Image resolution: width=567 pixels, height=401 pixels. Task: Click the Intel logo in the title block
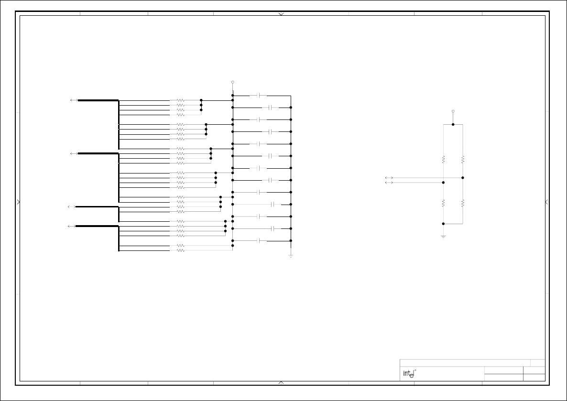point(408,374)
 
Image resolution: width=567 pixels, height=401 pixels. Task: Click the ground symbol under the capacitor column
point(291,256)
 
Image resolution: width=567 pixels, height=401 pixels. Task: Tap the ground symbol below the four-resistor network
point(443,236)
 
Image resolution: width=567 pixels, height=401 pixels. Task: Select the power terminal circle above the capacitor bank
point(233,82)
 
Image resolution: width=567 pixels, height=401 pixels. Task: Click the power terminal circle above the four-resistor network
point(453,111)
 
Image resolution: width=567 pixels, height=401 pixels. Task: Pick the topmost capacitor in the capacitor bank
point(259,96)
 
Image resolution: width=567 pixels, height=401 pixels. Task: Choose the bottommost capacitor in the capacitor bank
point(259,241)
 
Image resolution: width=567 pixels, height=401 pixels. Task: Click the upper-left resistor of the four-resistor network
point(443,159)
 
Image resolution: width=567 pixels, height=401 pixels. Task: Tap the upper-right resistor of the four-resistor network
point(463,159)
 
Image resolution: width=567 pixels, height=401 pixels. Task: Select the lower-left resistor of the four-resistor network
point(443,203)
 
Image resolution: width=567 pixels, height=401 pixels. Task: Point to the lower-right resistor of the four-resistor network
point(463,203)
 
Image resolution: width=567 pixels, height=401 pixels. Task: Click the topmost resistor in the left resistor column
point(180,101)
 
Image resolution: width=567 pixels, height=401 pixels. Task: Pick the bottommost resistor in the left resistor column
point(180,250)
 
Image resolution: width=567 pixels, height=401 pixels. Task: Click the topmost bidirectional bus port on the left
point(74,100)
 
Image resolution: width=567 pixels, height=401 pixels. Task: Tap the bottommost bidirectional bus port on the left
point(72,226)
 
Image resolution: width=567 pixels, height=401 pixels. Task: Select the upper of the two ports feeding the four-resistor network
point(389,178)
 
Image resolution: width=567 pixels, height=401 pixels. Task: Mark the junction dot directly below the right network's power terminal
point(453,124)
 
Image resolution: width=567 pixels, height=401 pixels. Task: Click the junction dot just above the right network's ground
point(443,224)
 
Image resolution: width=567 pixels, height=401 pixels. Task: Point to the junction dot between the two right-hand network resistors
point(463,178)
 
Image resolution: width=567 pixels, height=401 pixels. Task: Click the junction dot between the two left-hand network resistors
point(443,183)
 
